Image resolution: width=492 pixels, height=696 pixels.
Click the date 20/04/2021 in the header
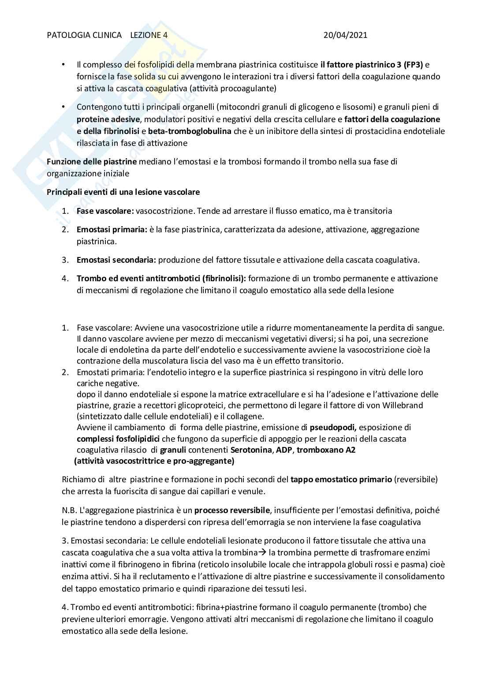(345, 35)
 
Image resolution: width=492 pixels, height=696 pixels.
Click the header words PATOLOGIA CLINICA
(84, 35)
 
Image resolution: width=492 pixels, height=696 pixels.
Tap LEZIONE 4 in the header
(149, 35)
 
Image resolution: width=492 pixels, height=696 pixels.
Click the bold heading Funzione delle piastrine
(92, 161)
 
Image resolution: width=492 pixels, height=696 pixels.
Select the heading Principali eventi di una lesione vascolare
(123, 192)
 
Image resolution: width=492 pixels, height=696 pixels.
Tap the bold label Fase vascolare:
(105, 211)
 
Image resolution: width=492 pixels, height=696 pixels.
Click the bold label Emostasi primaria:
(112, 229)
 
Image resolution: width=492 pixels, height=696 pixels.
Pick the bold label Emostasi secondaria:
(116, 260)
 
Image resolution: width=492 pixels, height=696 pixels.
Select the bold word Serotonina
(251, 450)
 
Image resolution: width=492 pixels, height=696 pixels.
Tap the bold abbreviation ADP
(284, 450)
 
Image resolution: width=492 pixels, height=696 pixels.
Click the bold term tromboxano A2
(326, 450)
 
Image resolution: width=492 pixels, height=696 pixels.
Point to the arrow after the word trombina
(262, 553)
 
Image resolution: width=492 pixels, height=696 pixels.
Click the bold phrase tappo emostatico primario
(341, 479)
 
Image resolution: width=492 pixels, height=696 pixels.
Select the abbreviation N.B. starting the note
(70, 510)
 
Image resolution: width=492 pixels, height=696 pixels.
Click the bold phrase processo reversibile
(232, 510)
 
